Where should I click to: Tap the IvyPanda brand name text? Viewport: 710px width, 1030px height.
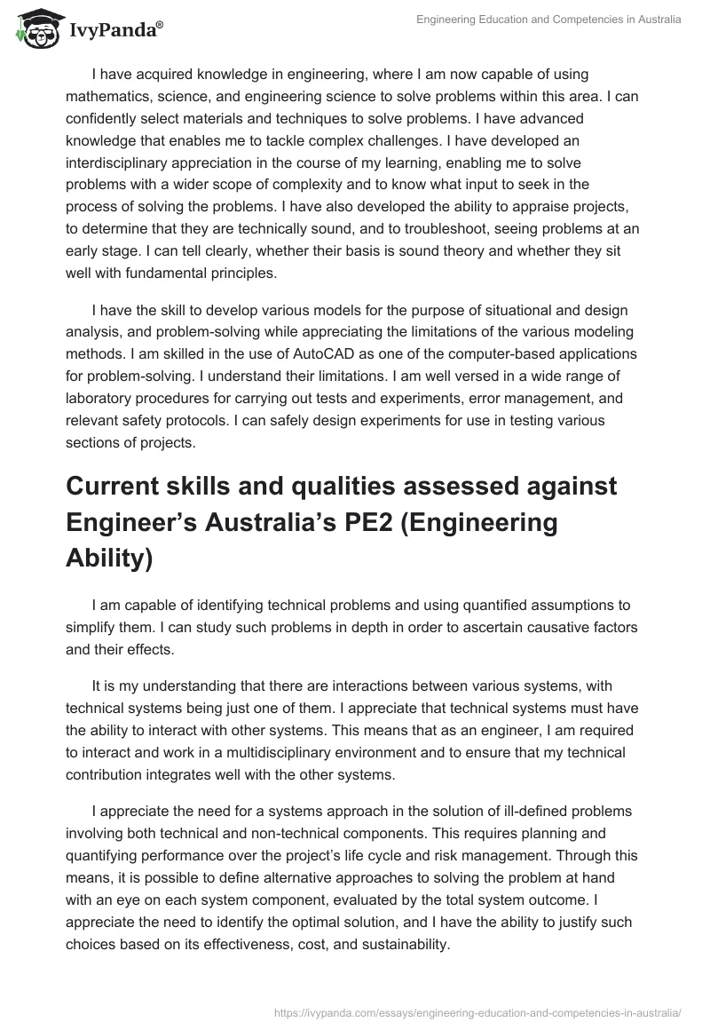point(114,29)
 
